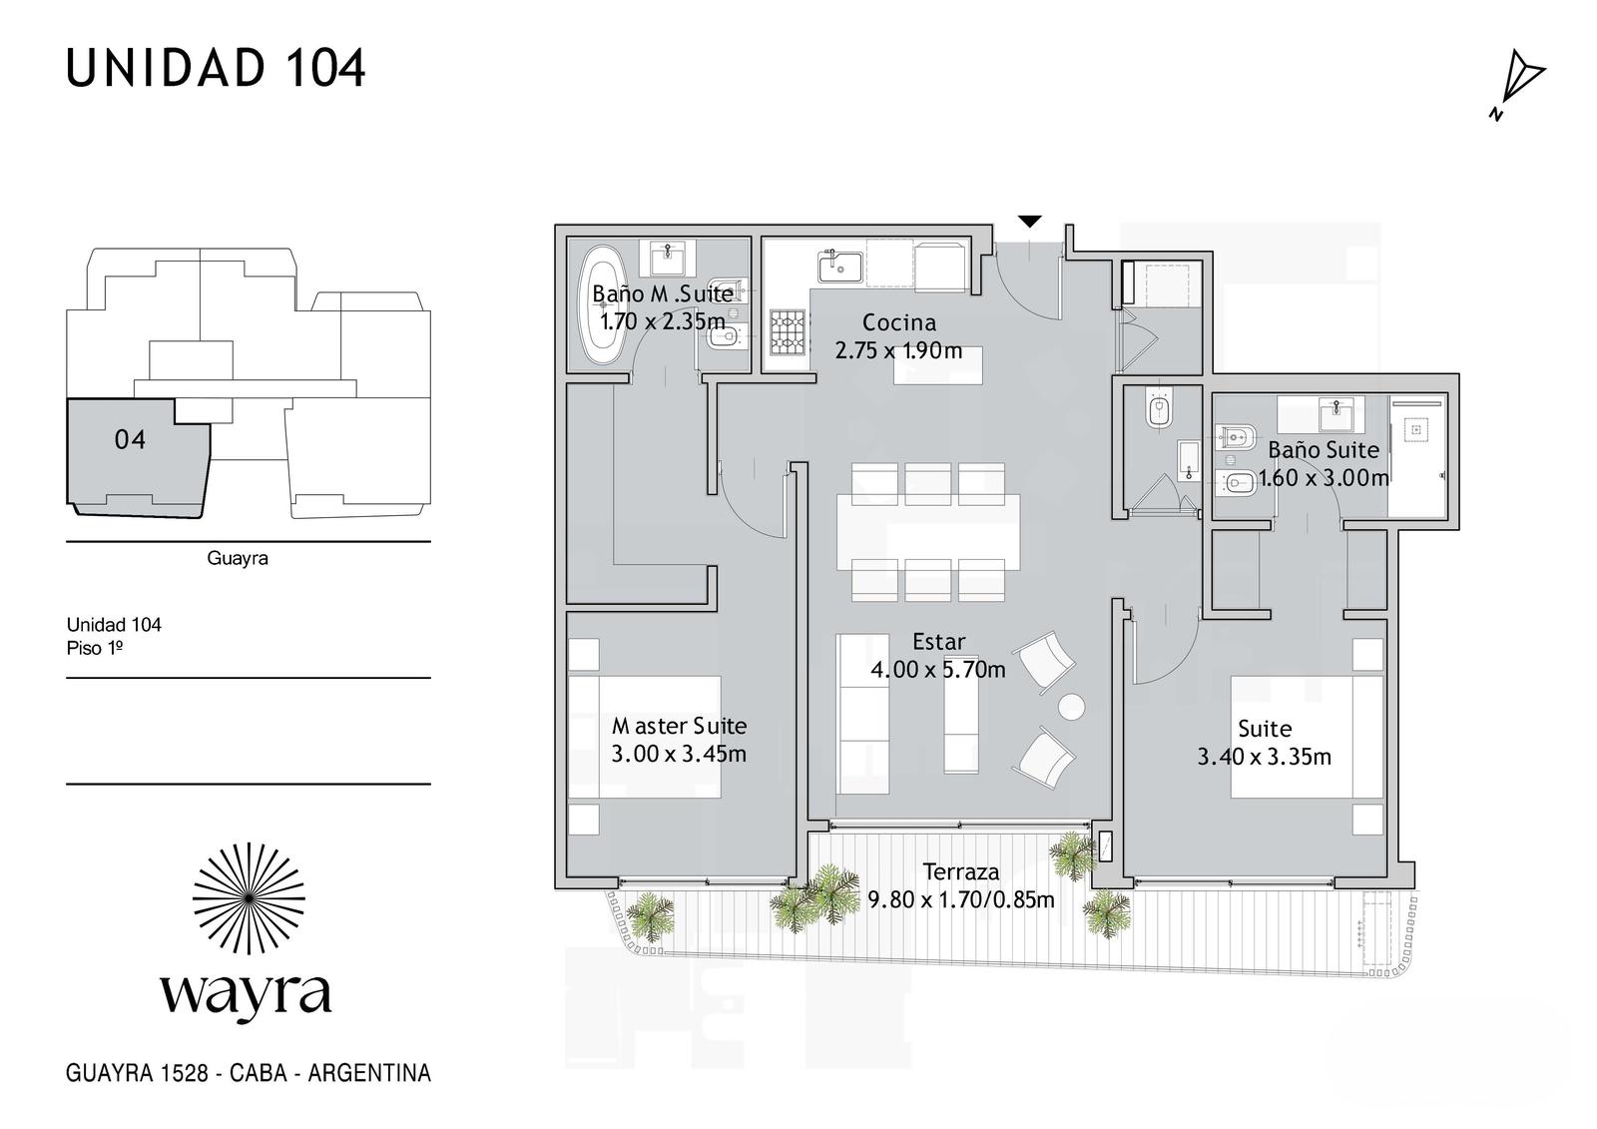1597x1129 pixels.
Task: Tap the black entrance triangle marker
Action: (x=1029, y=221)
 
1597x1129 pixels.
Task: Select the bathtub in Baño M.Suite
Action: (x=603, y=306)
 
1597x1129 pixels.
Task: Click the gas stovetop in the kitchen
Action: (x=788, y=332)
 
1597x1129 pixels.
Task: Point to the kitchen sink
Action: (x=839, y=266)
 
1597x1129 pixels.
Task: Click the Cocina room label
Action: (x=899, y=322)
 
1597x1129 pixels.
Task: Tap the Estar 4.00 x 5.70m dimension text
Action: (x=938, y=669)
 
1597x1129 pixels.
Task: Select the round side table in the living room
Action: (x=1072, y=707)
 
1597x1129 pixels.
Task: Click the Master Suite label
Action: (x=680, y=726)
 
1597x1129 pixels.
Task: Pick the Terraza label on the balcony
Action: (x=961, y=871)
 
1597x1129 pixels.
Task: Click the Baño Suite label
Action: (x=1324, y=450)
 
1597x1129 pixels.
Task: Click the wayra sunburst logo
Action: (x=249, y=898)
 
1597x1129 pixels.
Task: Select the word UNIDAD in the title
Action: (x=166, y=69)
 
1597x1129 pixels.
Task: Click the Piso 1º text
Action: (x=95, y=648)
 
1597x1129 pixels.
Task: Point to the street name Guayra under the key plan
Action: (x=238, y=558)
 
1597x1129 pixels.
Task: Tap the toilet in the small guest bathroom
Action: (x=1160, y=411)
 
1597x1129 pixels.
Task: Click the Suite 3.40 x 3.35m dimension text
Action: (x=1264, y=756)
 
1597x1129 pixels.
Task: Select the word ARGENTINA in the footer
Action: (x=369, y=1073)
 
